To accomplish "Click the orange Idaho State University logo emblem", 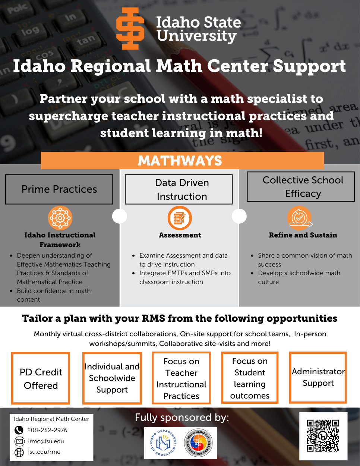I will point(130,29).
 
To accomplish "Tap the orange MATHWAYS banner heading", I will point(180,160).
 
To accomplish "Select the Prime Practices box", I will point(59,189).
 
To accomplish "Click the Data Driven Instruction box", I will point(179,190).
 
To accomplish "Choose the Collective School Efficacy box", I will point(300,187).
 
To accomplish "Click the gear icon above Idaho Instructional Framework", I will point(60,218).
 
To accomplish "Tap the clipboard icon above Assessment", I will point(180,218).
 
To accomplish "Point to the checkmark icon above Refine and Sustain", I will point(299,217).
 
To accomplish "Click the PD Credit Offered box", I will point(41,378).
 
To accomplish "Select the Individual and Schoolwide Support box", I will point(112,378).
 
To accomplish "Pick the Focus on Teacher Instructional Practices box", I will point(181,378).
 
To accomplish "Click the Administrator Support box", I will point(318,377).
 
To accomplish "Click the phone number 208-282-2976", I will point(47,430).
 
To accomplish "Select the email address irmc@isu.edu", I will point(46,441).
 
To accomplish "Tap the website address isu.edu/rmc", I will point(44,452).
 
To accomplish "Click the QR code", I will point(323,435).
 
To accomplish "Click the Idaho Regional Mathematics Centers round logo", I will point(199,443).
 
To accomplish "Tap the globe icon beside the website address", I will point(19,452).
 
